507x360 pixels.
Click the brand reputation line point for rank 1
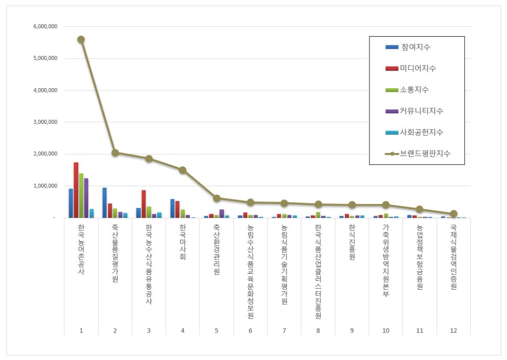(x=81, y=39)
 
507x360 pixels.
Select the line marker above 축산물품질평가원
(x=115, y=153)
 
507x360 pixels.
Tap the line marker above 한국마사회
(x=183, y=170)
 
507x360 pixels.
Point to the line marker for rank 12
(x=453, y=214)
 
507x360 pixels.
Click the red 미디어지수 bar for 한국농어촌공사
(x=76, y=190)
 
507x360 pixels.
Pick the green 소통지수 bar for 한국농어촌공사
(x=81, y=195)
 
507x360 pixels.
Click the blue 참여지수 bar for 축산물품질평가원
(x=104, y=203)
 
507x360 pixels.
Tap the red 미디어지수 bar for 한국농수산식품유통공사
(x=144, y=204)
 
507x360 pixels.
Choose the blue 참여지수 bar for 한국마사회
(x=172, y=208)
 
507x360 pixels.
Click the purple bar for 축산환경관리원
(x=222, y=214)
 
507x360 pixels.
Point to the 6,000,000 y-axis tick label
(x=45, y=27)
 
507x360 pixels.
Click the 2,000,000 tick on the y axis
(x=45, y=154)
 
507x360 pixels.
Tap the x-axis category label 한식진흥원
(x=352, y=242)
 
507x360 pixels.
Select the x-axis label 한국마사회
(x=183, y=239)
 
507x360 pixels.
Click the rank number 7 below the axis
(x=284, y=331)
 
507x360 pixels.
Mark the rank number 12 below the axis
(x=453, y=331)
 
